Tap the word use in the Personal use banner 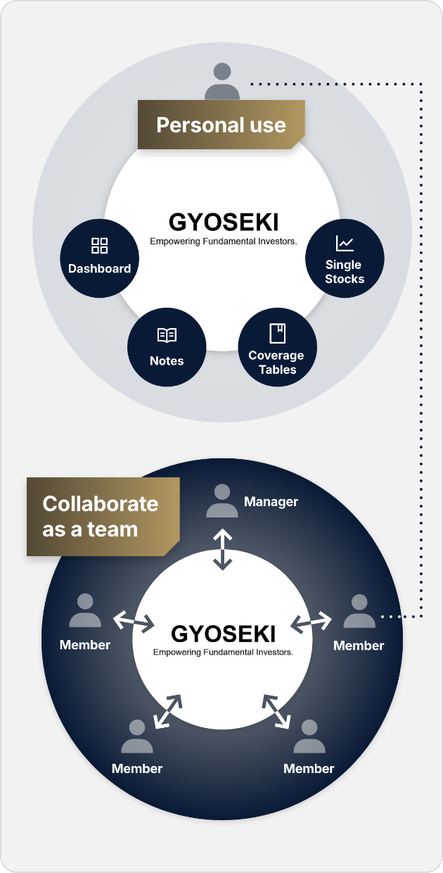tap(267, 125)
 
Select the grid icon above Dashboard tap(99, 246)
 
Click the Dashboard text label tap(99, 268)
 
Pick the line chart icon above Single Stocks tap(345, 244)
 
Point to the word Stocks tap(345, 279)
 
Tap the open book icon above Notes tap(167, 335)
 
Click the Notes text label tap(167, 360)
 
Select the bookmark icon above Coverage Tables tap(277, 333)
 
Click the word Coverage tap(276, 356)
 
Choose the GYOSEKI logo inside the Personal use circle tap(224, 222)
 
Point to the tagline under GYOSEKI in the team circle tap(223, 652)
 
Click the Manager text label tap(271, 502)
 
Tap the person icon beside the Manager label tap(222, 501)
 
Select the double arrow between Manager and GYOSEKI tap(223, 550)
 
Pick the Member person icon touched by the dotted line tap(359, 612)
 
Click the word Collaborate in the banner tap(101, 504)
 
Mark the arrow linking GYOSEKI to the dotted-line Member tap(312, 622)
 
